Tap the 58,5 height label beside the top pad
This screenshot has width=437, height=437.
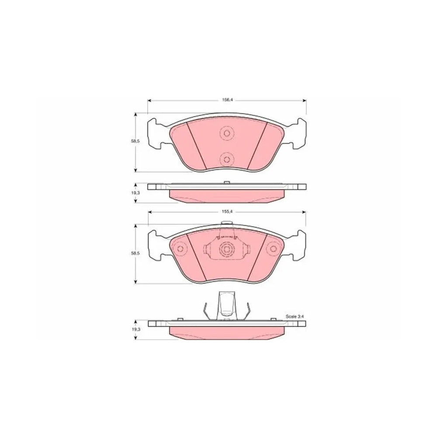(135, 142)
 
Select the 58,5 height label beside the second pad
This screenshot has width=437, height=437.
(135, 254)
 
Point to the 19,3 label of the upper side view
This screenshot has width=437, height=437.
(135, 193)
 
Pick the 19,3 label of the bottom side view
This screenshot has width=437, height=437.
(135, 329)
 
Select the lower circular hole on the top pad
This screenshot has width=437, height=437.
(226, 160)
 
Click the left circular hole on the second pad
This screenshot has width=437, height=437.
(180, 249)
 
